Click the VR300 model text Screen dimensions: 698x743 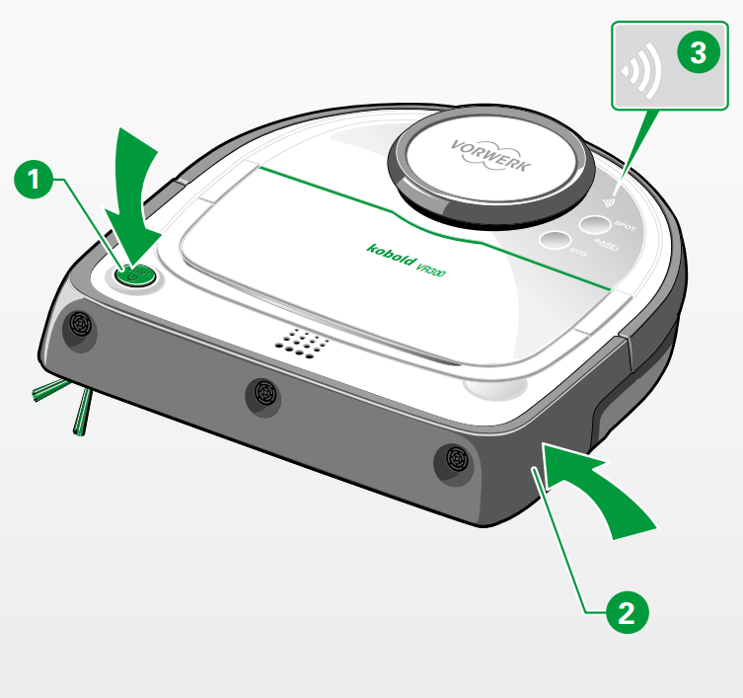[431, 268]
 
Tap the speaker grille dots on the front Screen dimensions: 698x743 [302, 343]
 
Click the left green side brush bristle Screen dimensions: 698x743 [46, 392]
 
